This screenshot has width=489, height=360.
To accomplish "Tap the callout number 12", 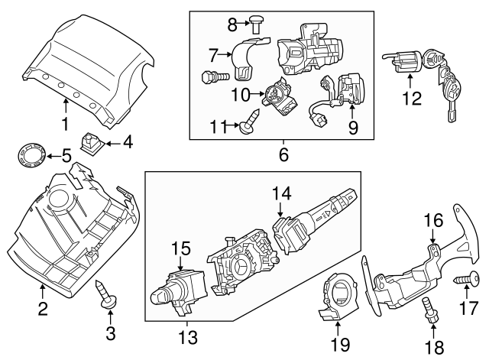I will pos(411,98).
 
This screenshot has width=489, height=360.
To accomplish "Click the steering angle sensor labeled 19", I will pos(335,294).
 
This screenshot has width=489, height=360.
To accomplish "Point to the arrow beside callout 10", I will pos(262,94).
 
